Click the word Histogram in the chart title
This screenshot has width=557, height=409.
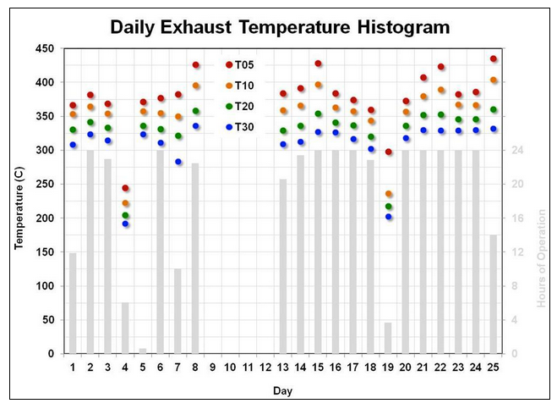click(x=403, y=27)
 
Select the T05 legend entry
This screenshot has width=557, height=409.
click(x=240, y=65)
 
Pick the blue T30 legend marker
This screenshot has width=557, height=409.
click(x=229, y=127)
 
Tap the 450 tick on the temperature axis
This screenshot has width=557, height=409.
click(x=45, y=48)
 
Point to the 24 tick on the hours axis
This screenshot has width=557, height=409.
click(x=517, y=150)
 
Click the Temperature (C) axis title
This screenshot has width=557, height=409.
click(x=19, y=207)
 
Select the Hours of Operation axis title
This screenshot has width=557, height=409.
click(x=541, y=258)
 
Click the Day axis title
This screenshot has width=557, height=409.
click(x=283, y=390)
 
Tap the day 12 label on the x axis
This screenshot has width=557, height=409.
click(x=265, y=367)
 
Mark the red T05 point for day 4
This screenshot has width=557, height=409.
click(x=125, y=188)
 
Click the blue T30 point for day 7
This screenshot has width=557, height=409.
click(x=178, y=162)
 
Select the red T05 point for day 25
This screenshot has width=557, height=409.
click(x=494, y=58)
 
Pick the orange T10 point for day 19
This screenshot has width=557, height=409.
click(x=388, y=194)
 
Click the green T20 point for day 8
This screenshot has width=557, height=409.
click(x=196, y=111)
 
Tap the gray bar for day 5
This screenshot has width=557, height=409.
click(x=143, y=351)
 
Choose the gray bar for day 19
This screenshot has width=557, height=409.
click(x=388, y=338)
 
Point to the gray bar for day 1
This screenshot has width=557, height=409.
click(x=73, y=303)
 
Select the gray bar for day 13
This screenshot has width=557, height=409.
click(x=283, y=266)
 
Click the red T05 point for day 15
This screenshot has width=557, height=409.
click(x=319, y=64)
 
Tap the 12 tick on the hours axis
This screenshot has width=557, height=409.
click(x=517, y=252)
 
